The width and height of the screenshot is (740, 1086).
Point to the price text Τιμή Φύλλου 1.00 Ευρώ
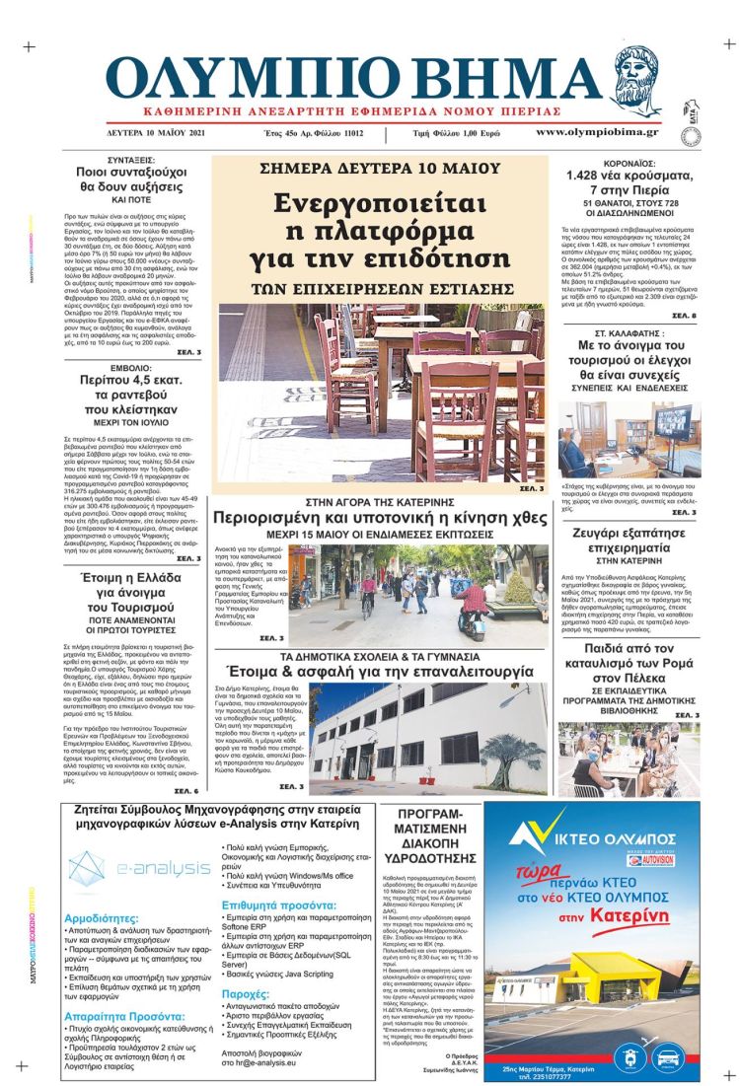[x=456, y=133]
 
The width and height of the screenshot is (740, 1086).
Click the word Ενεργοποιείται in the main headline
[x=380, y=204]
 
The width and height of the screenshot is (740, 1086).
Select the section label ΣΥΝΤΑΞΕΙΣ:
[x=135, y=160]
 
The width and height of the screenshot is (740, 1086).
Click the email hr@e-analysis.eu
[x=261, y=1063]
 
